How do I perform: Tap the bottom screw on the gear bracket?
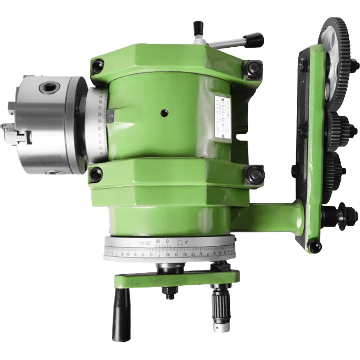pos(315,246)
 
